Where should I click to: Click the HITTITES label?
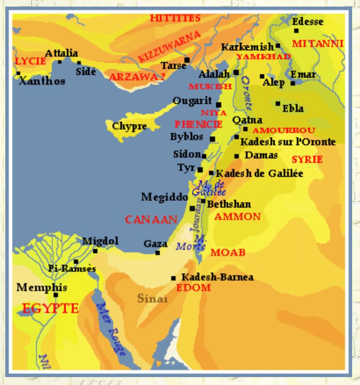[x=175, y=18]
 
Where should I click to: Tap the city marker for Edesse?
[x=297, y=31]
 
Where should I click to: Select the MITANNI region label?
[x=318, y=44]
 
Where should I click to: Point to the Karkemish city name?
[x=248, y=47]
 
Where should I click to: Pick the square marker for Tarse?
[x=187, y=60]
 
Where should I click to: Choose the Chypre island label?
[x=129, y=126]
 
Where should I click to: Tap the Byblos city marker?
[x=212, y=139]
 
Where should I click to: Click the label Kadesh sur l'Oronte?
[x=288, y=142]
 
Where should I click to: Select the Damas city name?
[x=261, y=155]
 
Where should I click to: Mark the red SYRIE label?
[x=307, y=159]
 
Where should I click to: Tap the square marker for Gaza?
[x=158, y=252]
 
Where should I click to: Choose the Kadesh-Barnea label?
[x=217, y=277]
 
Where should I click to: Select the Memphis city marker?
[x=56, y=295]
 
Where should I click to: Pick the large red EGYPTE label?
[x=50, y=308]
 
